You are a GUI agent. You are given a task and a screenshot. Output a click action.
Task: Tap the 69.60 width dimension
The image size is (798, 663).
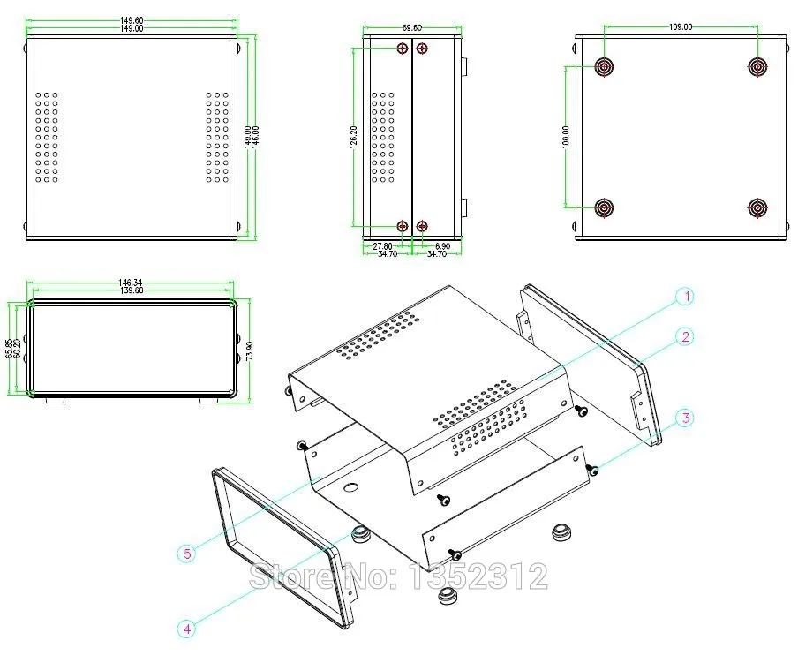pyautogui.click(x=411, y=27)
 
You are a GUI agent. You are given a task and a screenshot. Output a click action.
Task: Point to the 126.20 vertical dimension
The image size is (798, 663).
pyautogui.click(x=354, y=137)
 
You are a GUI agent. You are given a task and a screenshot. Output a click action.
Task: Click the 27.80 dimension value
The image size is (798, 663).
pyautogui.click(x=382, y=245)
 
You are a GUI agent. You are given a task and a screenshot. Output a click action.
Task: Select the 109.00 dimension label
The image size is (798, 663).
pyautogui.click(x=681, y=27)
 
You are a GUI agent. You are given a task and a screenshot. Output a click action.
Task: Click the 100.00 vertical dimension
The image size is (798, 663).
pyautogui.click(x=566, y=137)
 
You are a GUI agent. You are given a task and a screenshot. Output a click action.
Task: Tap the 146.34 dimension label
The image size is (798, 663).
pyautogui.click(x=132, y=283)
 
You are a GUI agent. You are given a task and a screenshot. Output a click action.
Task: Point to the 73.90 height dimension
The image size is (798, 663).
pyautogui.click(x=250, y=350)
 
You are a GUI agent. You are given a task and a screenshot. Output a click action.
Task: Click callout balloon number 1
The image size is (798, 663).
pyautogui.click(x=685, y=297)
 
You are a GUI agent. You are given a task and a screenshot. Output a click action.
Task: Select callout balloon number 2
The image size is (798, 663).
pyautogui.click(x=685, y=336)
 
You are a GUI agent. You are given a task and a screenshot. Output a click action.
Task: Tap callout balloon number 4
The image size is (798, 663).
pyautogui.click(x=186, y=629)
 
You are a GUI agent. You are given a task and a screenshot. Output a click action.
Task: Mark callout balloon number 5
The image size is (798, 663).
pyautogui.click(x=186, y=554)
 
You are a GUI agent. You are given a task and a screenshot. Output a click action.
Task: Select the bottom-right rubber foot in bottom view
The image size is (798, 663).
pyautogui.click(x=757, y=208)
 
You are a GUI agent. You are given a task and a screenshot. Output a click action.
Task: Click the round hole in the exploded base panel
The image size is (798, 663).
pyautogui.click(x=351, y=487)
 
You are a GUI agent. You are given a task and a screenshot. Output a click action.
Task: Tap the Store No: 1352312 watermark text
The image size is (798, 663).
pyautogui.click(x=398, y=576)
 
